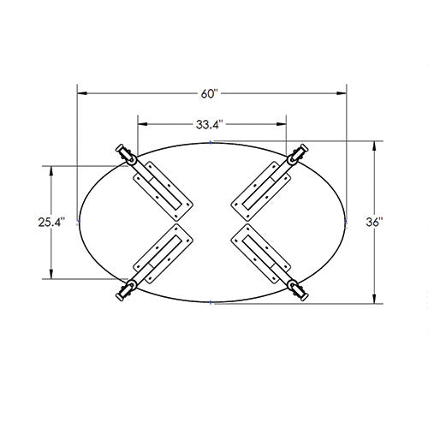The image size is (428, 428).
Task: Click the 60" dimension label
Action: pos(209,93)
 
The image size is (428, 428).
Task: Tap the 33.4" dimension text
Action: pos(209,124)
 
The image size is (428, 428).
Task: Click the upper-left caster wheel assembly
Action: pos(126,155)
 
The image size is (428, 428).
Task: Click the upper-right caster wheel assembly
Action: pos(298,154)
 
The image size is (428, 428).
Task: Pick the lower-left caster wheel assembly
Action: pos(126,289)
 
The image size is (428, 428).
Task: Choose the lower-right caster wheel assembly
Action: pos(298,290)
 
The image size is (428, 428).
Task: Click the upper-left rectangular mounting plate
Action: pos(163,191)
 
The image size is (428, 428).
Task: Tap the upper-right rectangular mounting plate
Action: pos(260,191)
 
